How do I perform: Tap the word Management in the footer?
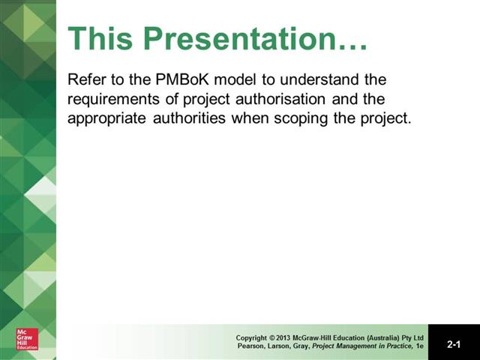357,346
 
